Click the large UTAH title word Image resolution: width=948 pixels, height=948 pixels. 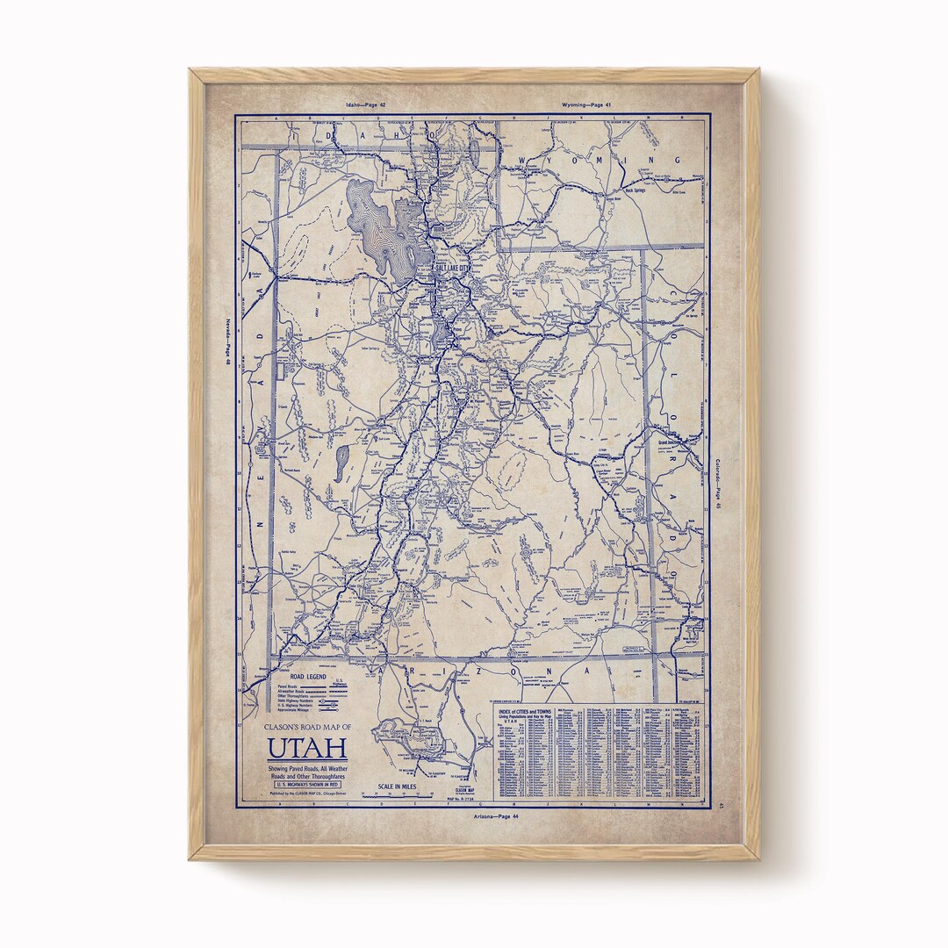point(307,749)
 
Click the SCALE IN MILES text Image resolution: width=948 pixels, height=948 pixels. point(397,786)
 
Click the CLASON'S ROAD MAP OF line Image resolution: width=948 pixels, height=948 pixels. point(307,727)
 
